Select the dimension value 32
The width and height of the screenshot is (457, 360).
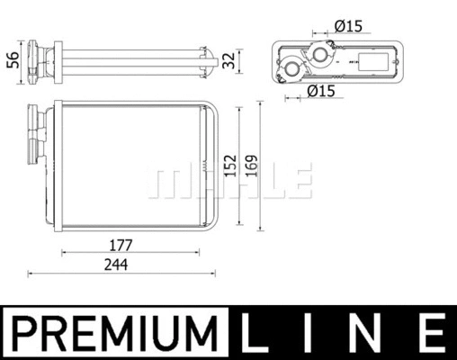pyautogui.click(x=229, y=60)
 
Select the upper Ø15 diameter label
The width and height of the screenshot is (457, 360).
pyautogui.click(x=347, y=26)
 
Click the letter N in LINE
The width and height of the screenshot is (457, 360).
pyautogui.click(x=372, y=334)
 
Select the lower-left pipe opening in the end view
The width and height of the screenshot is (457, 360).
pyautogui.click(x=293, y=70)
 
